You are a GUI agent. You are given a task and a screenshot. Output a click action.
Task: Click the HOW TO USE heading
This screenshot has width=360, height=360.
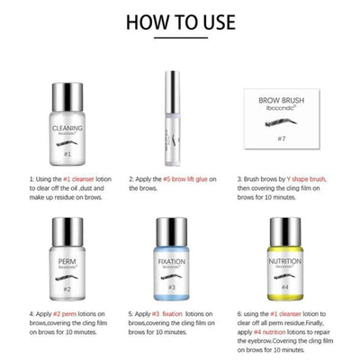[x=180, y=20]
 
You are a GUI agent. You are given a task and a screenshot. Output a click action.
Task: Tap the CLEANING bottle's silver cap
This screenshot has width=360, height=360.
[x=61, y=80]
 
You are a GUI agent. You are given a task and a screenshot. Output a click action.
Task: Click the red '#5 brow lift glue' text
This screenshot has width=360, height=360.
[x=193, y=180]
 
